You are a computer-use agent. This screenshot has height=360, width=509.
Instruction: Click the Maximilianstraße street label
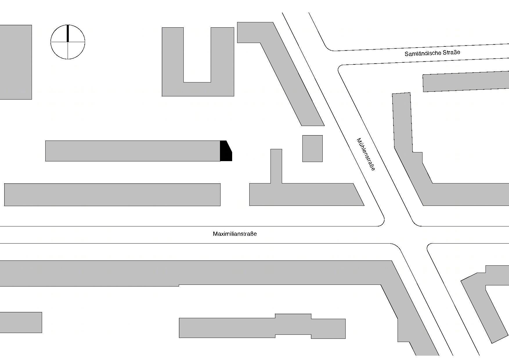235,234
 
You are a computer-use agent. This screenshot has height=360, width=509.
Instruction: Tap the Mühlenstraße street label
366,154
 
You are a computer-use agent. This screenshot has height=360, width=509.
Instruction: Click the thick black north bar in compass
68,33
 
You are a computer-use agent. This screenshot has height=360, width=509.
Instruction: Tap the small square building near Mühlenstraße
313,148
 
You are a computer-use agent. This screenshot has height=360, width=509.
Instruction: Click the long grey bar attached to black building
133,151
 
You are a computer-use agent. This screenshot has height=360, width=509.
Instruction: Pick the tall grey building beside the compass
16,62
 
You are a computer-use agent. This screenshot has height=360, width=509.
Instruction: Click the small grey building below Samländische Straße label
466,82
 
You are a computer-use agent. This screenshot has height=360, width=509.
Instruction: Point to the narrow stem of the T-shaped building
276,166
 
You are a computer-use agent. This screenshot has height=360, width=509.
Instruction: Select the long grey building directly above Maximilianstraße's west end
112,195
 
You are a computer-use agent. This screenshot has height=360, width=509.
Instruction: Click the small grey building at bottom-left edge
21,322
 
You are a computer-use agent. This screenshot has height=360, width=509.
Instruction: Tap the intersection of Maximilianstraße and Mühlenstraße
406,235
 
